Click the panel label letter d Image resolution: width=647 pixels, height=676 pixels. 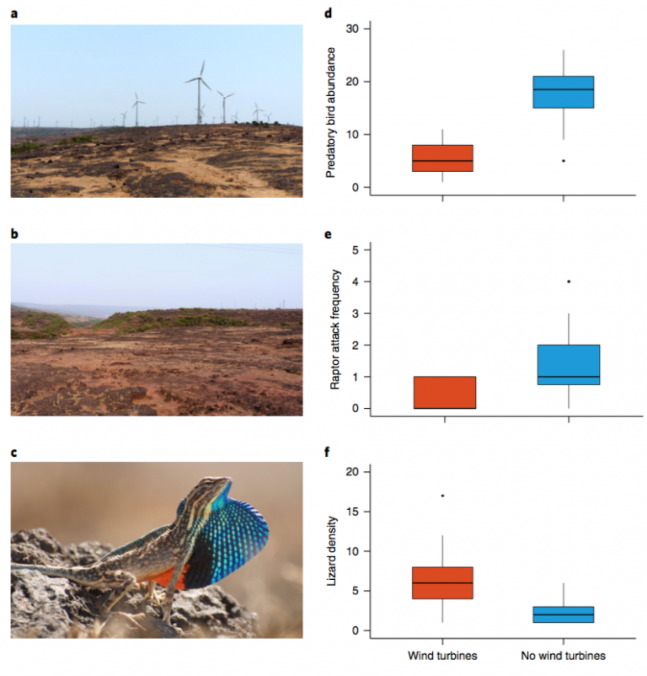click(x=329, y=13)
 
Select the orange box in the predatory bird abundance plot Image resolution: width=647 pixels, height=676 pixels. click(x=442, y=158)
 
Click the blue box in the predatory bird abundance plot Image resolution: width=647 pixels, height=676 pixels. click(x=563, y=92)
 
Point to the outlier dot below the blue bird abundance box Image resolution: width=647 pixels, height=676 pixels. click(x=563, y=160)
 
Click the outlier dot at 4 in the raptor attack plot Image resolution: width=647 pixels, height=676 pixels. click(x=569, y=282)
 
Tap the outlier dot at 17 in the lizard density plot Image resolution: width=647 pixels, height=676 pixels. click(x=442, y=496)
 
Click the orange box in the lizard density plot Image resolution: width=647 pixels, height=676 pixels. click(x=442, y=583)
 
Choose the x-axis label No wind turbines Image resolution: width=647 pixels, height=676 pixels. click(x=563, y=654)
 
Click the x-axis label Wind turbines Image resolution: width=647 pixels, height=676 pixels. click(x=442, y=654)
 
